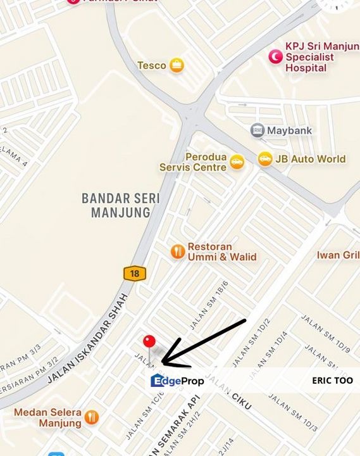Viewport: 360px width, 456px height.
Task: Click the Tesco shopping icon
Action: pos(177,65)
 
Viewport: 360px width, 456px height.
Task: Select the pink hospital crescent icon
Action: pos(275,57)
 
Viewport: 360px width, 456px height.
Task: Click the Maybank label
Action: pos(289,131)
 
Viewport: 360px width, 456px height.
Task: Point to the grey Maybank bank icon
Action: pos(257,131)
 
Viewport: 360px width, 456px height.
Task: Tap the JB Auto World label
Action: pos(310,159)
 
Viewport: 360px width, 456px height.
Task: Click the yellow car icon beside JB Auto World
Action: pos(265,159)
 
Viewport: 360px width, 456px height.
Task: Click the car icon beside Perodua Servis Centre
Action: pos(237,162)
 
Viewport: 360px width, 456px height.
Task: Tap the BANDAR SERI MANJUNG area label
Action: pos(121,205)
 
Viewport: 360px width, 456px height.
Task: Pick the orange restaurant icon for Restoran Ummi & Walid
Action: pos(178,251)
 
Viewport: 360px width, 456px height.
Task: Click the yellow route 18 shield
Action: pos(134,274)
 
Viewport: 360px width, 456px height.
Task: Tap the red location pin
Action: pos(149,343)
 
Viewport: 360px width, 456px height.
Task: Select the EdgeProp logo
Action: pos(177,381)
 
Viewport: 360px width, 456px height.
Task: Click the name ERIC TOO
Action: pos(332,381)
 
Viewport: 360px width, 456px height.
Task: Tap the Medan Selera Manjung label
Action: pos(48,417)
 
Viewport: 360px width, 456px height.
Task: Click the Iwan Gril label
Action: pos(338,255)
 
